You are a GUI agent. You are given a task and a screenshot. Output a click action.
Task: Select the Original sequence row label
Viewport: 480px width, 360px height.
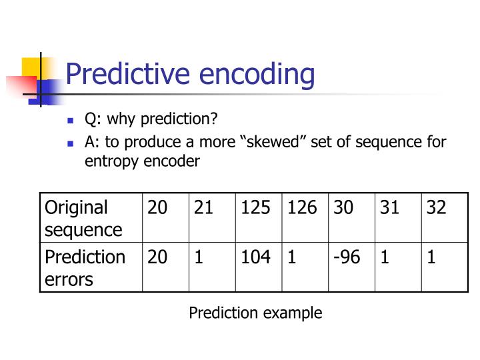point(83,218)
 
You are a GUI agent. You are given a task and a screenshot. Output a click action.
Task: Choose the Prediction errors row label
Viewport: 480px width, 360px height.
point(85,267)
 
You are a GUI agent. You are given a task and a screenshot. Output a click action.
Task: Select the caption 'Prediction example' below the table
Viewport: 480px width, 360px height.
point(255,313)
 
